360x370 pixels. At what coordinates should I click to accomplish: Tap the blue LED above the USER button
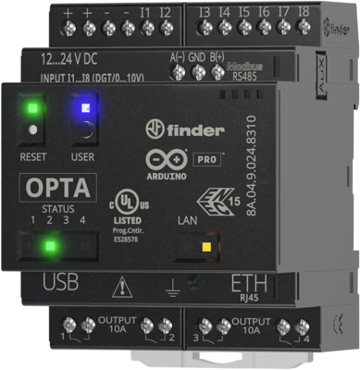[x=83, y=106]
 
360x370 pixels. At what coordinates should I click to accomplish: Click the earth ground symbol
[x=170, y=288]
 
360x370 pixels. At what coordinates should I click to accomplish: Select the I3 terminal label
[x=205, y=13]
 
